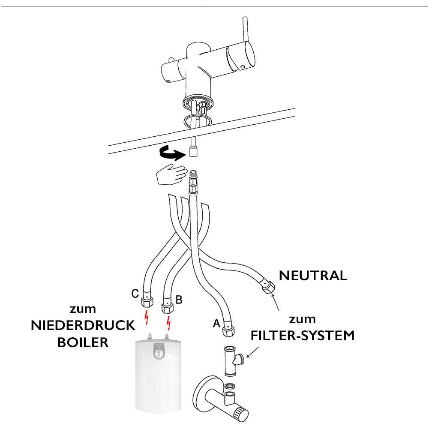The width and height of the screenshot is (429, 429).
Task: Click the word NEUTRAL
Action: [x=313, y=276]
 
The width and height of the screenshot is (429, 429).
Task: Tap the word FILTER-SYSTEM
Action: [x=303, y=336]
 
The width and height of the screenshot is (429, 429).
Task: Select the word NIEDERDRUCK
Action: [x=83, y=326]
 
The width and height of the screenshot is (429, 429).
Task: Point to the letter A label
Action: [x=216, y=324]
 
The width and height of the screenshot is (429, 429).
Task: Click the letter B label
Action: [x=179, y=300]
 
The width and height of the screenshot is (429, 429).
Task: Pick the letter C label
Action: [x=135, y=294]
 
